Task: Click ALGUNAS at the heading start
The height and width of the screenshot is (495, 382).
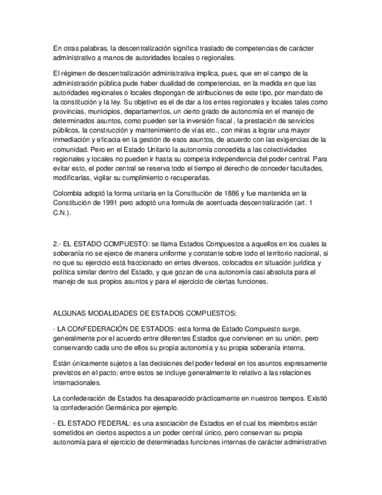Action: [x=69, y=312]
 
